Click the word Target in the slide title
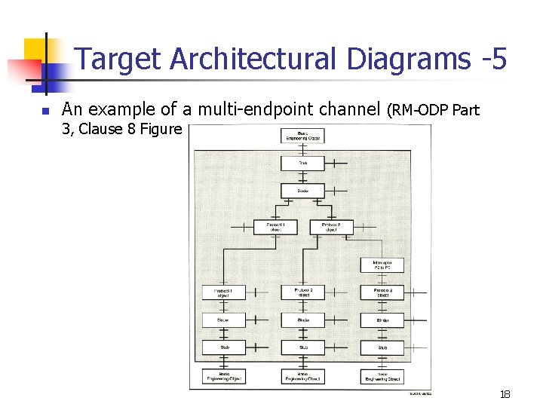[x=120, y=59]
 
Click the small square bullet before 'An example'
[x=44, y=111]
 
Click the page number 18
[x=505, y=395]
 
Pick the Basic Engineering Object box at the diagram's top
[x=302, y=136]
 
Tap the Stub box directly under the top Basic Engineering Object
[x=302, y=163]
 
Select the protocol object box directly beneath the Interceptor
[x=382, y=292]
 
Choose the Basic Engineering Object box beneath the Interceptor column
[x=382, y=376]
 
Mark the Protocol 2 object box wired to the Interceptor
[x=331, y=226]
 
